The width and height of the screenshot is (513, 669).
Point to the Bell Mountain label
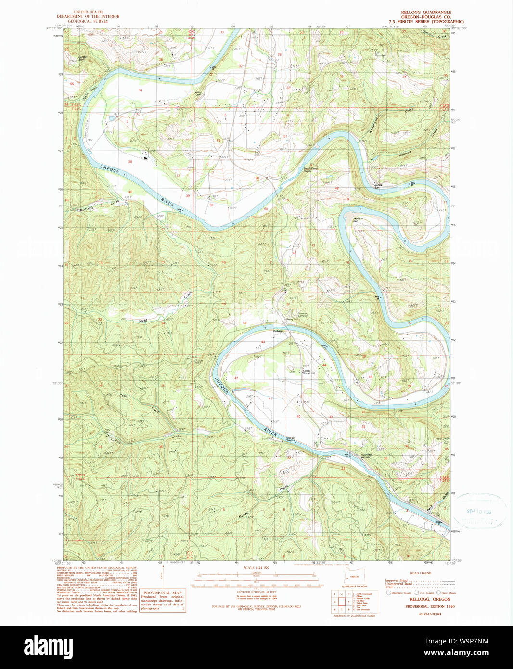pos(380,54)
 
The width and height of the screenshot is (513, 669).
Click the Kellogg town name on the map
pos(278,331)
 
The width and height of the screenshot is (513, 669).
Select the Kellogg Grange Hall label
pos(307,372)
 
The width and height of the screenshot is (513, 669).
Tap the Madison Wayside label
pos(291,439)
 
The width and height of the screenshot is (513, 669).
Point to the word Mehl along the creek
pos(142,321)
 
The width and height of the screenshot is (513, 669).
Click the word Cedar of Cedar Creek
pos(124,396)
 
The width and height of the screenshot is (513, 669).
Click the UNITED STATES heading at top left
pos(88,12)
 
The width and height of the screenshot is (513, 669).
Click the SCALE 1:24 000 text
pos(256,568)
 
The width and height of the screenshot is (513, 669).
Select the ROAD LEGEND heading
pos(420,573)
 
